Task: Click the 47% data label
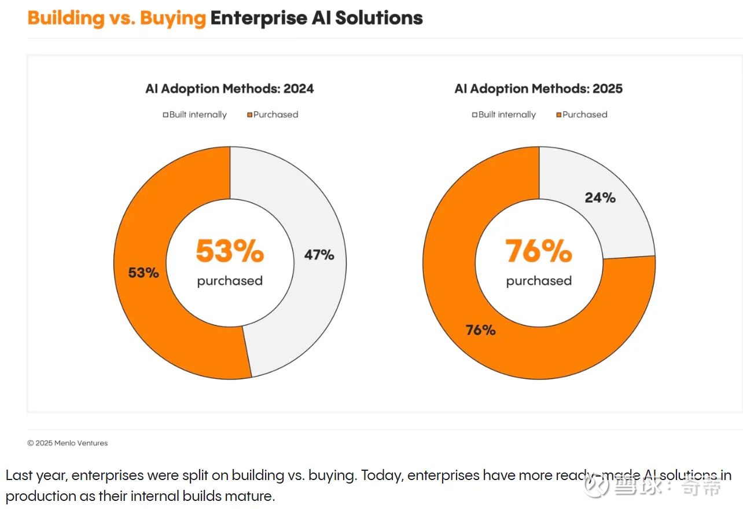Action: pyautogui.click(x=319, y=254)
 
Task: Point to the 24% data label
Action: pyautogui.click(x=600, y=197)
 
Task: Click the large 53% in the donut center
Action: pyautogui.click(x=230, y=251)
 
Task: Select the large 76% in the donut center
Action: pyautogui.click(x=539, y=251)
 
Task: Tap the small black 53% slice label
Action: pyautogui.click(x=144, y=272)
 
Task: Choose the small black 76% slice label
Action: pyautogui.click(x=481, y=330)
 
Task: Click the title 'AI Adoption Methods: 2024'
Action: pyautogui.click(x=230, y=89)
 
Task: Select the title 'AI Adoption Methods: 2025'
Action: pyautogui.click(x=539, y=89)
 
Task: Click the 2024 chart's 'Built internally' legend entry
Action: pyautogui.click(x=195, y=115)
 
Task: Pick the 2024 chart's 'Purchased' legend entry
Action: pyautogui.click(x=273, y=115)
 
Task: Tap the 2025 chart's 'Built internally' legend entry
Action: pyautogui.click(x=504, y=115)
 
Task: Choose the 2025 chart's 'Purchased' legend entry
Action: pyautogui.click(x=582, y=115)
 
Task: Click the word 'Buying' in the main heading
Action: pyautogui.click(x=172, y=18)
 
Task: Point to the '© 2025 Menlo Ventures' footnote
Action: pyautogui.click(x=68, y=443)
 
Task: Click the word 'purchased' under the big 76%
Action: pyautogui.click(x=539, y=281)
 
